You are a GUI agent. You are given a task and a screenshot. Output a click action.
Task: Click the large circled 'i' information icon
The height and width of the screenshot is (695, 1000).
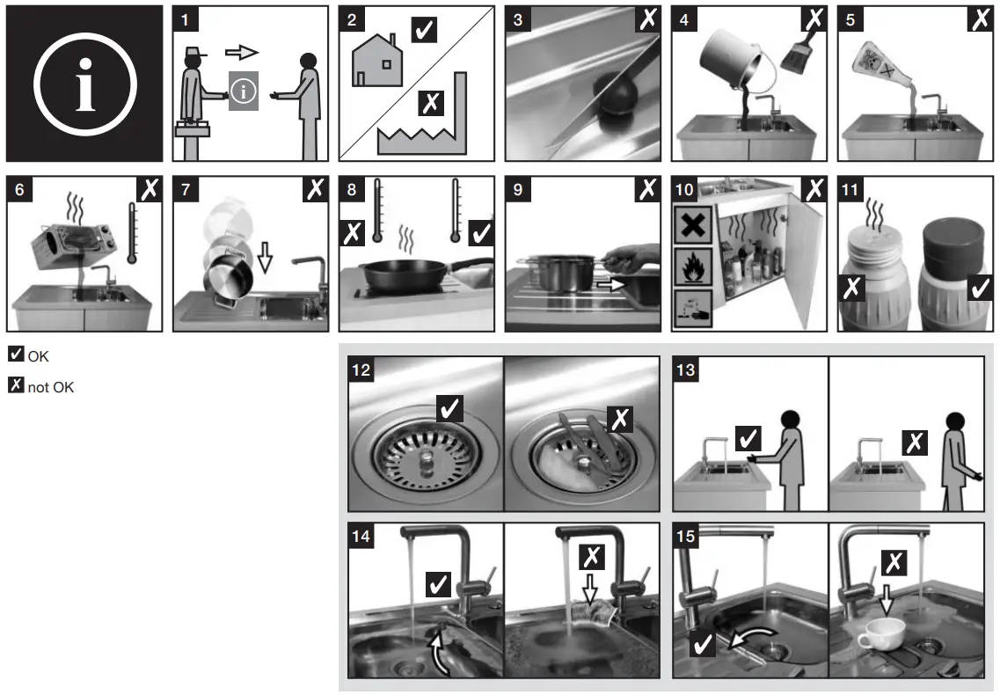click(x=84, y=84)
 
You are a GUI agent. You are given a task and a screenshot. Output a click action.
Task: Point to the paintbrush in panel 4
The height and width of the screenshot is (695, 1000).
click(x=794, y=56)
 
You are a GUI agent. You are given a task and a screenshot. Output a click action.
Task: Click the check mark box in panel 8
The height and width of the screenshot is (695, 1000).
click(x=482, y=232)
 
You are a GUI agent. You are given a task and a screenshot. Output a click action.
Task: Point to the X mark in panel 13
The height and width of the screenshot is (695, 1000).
click(x=916, y=442)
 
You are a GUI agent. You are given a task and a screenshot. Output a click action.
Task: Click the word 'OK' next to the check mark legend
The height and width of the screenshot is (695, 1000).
click(x=38, y=356)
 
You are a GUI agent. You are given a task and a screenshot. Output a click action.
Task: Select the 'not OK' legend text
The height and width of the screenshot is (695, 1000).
click(x=51, y=386)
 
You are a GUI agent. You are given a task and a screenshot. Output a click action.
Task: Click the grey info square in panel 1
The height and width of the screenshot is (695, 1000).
click(x=244, y=92)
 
